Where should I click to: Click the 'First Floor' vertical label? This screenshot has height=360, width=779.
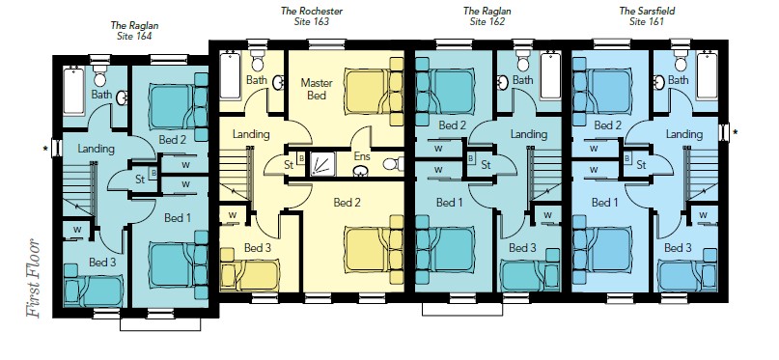coord(33,279)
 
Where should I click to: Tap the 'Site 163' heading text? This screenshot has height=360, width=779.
coord(312,22)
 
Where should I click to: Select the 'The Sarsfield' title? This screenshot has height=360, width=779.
coord(647,11)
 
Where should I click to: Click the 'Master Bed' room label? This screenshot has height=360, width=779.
coord(317,89)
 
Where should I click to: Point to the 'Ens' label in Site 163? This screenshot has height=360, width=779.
coord(361,156)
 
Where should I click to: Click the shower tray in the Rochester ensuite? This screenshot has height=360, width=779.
coord(323,164)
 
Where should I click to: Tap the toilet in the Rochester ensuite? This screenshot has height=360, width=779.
coord(394,163)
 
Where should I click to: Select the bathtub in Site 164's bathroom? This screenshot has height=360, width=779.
coord(73,92)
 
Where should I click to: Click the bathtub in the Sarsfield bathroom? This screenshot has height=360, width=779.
coord(707,75)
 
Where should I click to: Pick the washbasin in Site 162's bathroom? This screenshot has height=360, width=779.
coord(502,83)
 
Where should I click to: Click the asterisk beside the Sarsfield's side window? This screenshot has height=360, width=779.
coord(735,132)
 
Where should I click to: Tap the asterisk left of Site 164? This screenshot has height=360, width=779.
coord(46,149)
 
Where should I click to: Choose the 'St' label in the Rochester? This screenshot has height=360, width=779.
coord(289,165)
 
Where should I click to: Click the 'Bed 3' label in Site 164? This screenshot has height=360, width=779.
coord(102,262)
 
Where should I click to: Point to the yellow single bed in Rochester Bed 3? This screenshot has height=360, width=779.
coord(250,269)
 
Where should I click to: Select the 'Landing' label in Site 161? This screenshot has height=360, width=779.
coord(683,134)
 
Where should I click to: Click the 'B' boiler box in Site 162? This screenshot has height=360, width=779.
coord(471,158)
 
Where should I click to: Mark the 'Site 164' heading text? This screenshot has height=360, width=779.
coord(134,36)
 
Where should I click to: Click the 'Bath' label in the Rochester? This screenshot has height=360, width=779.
coord(257,80)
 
